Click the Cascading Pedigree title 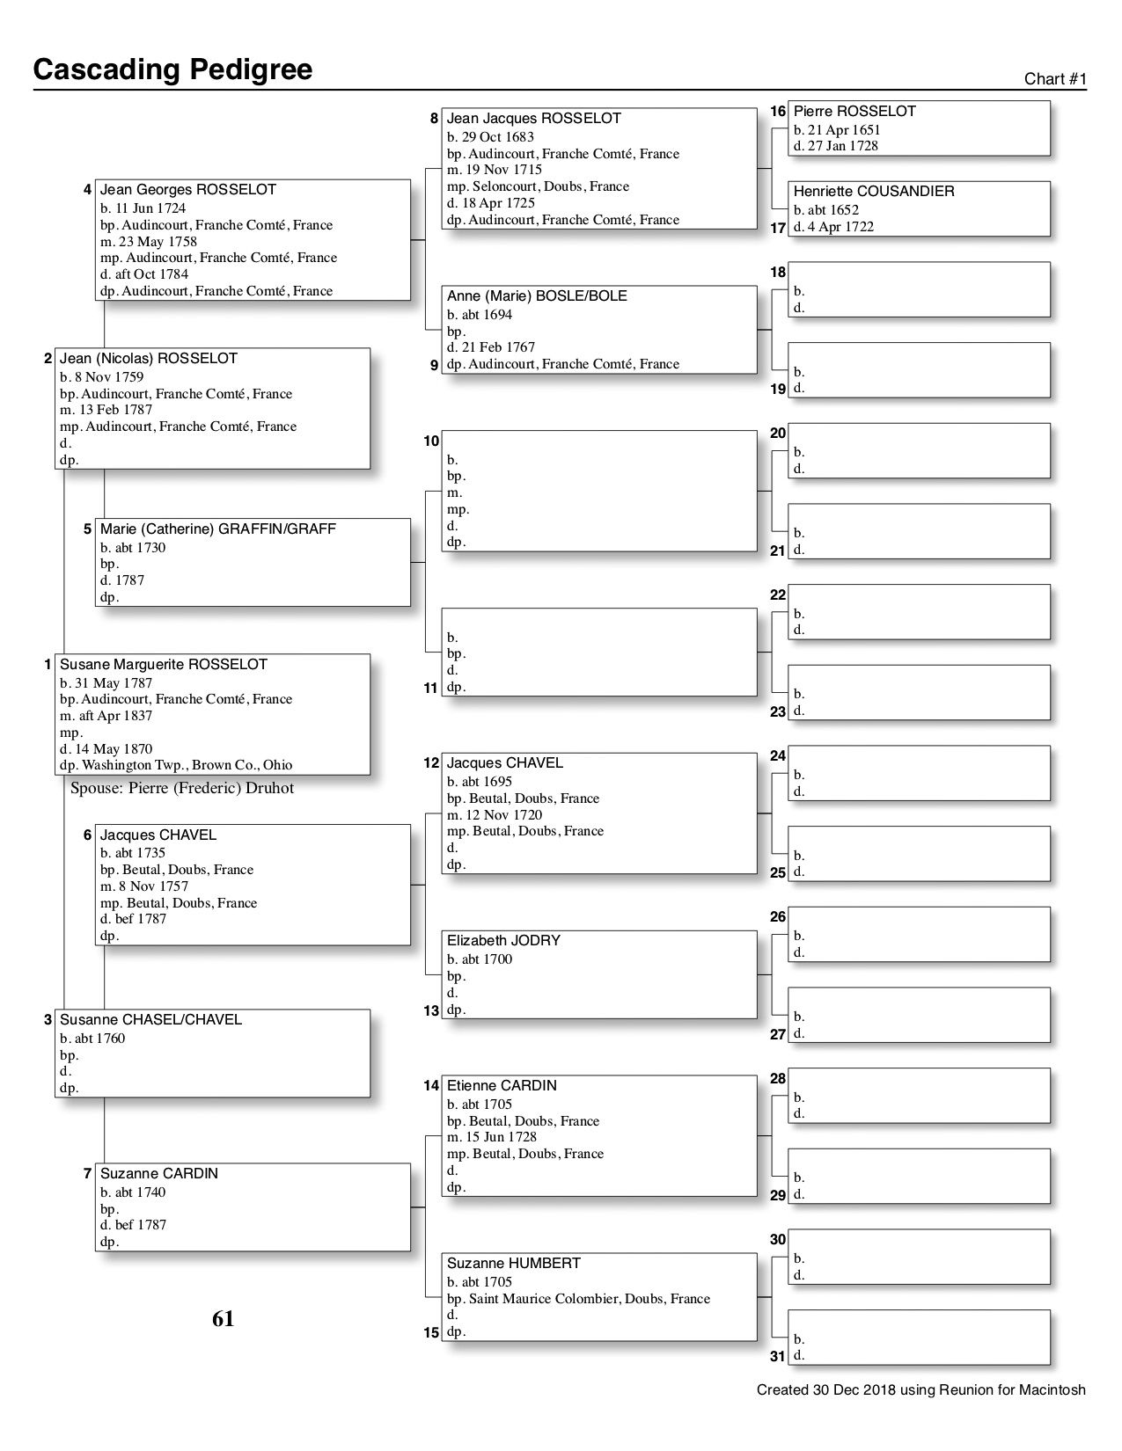172,69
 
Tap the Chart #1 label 1055,79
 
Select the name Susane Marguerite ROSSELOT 163,665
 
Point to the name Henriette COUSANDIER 873,192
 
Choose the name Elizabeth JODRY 502,941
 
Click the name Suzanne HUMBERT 513,1264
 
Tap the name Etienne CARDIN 501,1086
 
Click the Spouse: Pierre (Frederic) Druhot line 182,788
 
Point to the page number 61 223,1319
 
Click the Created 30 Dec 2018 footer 920,1390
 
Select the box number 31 777,1357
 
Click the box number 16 778,112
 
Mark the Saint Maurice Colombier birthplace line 578,1299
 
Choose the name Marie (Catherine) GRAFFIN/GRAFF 217,529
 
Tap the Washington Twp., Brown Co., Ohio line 176,765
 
